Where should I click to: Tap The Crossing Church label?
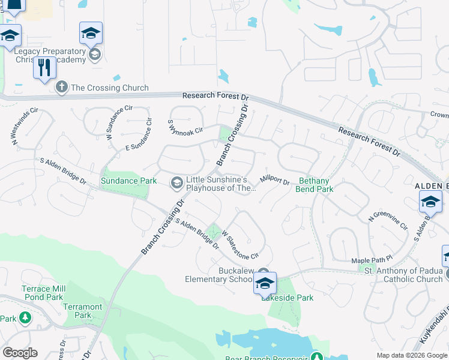coord(109,88)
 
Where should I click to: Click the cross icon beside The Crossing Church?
coord(61,88)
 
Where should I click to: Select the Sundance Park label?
coord(128,181)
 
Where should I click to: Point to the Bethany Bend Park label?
coord(315,184)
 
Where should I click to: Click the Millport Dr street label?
coord(274,179)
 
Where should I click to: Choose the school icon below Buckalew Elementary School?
coord(265,283)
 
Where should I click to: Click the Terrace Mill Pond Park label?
coord(42,293)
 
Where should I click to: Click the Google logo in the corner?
coord(20,353)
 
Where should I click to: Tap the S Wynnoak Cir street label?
coord(185,127)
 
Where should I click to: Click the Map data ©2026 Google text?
coord(412,356)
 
